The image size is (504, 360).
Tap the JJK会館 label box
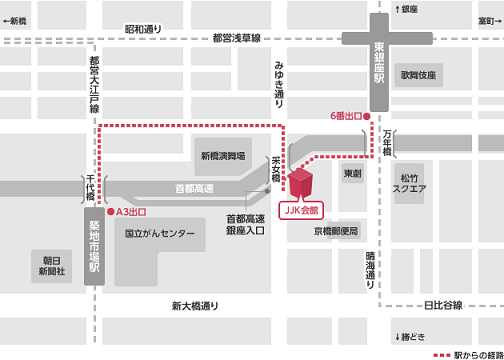pyautogui.click(x=301, y=212)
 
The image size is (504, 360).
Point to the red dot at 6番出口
pyautogui.click(x=369, y=117)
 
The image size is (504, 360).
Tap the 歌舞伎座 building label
pyautogui.click(x=418, y=75)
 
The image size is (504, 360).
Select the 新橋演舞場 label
pyautogui.click(x=224, y=155)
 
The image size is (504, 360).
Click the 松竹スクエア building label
pyautogui.click(x=411, y=182)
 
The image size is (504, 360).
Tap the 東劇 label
pyautogui.click(x=352, y=174)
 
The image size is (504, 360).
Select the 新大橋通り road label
pyautogui.click(x=195, y=306)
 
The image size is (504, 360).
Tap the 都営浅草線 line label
pyautogui.click(x=236, y=38)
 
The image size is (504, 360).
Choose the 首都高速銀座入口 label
pyautogui.click(x=245, y=224)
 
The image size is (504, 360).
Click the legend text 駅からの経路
pyautogui.click(x=472, y=354)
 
